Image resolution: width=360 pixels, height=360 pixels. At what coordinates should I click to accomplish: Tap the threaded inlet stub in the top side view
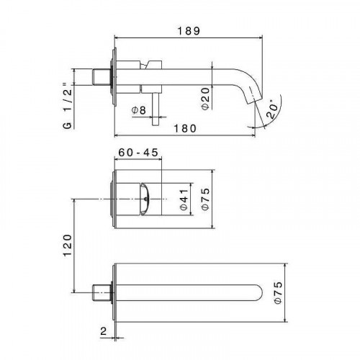(102, 76)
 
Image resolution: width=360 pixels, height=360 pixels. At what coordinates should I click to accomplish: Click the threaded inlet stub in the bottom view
(102, 293)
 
